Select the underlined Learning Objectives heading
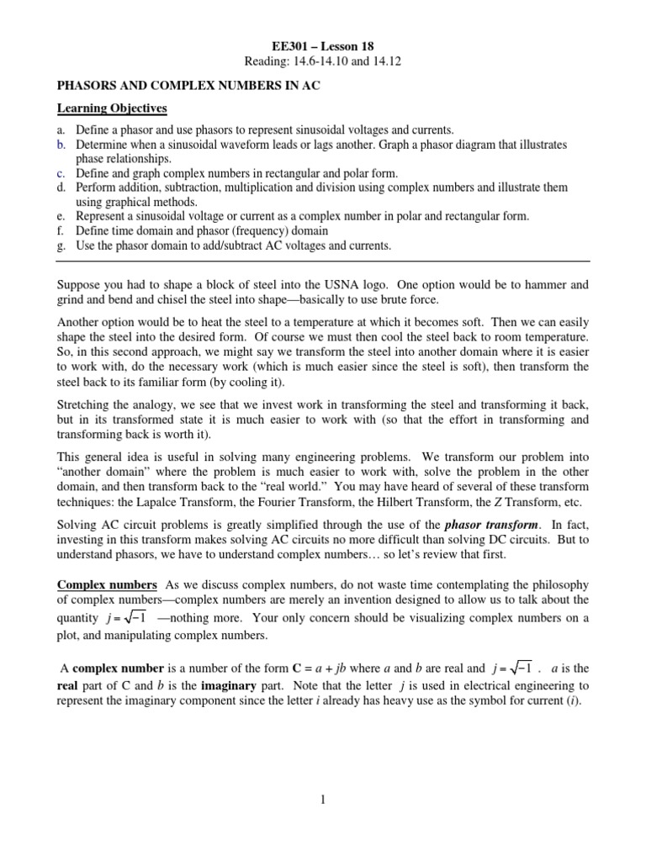click(x=112, y=108)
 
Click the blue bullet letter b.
click(x=60, y=145)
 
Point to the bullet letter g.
click(x=60, y=246)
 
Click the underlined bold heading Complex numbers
click(x=107, y=584)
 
